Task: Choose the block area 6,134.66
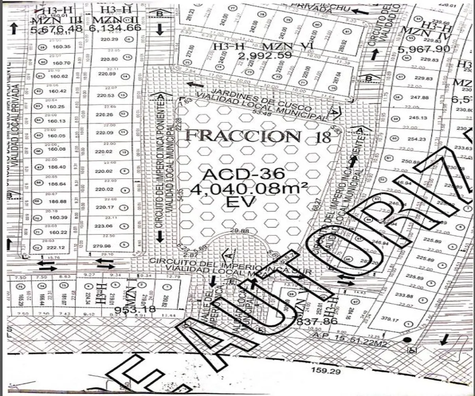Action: (x=116, y=28)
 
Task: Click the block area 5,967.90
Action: (x=424, y=49)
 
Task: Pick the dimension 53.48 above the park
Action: (x=257, y=114)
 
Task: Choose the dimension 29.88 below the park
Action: (x=242, y=231)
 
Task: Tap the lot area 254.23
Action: (x=418, y=139)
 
